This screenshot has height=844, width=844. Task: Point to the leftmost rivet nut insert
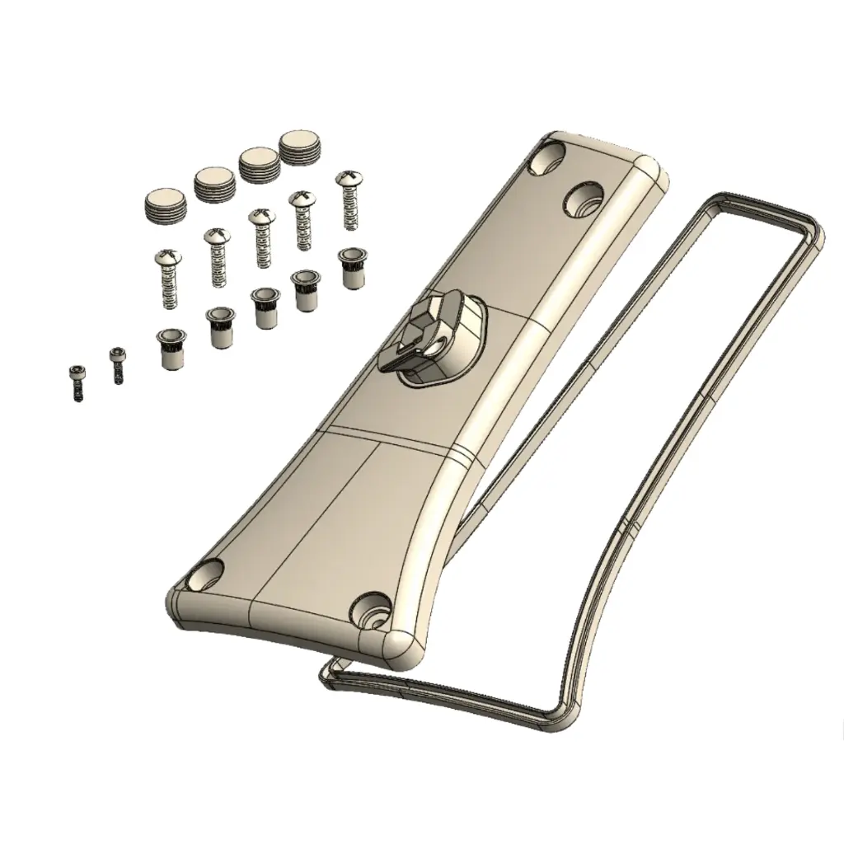(171, 346)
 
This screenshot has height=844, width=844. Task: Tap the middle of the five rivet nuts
(265, 307)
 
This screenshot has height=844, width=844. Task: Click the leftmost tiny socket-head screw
(76, 382)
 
